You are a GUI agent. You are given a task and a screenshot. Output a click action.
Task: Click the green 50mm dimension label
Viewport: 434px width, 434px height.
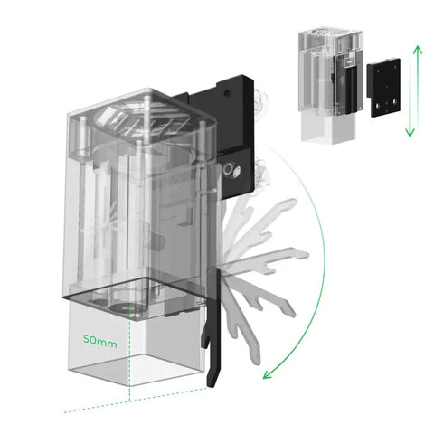click(99, 341)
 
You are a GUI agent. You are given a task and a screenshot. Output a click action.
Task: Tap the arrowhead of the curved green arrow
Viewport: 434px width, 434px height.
click(267, 374)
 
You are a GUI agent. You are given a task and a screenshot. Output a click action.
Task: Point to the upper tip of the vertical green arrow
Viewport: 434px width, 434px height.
click(418, 46)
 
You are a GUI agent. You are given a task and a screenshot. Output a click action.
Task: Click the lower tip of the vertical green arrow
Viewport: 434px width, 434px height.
click(410, 136)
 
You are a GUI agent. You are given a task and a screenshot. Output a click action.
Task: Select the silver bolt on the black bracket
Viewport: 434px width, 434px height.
click(231, 171)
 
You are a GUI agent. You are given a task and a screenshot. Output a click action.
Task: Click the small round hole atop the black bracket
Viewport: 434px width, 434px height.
click(228, 92)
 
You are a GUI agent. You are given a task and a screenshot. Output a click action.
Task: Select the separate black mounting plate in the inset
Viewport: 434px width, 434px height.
click(383, 88)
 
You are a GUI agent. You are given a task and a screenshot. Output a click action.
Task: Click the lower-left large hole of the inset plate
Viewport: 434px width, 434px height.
click(377, 106)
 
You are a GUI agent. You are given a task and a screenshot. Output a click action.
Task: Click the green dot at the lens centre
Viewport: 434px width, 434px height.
click(129, 308)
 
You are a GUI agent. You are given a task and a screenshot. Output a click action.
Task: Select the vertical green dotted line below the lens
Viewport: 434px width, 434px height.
click(129, 355)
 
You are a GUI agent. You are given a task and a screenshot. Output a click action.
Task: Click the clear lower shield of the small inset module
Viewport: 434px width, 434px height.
click(328, 127)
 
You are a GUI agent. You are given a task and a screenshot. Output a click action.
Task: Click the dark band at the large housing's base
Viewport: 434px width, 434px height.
click(133, 290)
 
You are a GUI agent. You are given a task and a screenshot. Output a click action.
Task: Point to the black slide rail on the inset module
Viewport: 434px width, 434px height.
click(351, 90)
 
